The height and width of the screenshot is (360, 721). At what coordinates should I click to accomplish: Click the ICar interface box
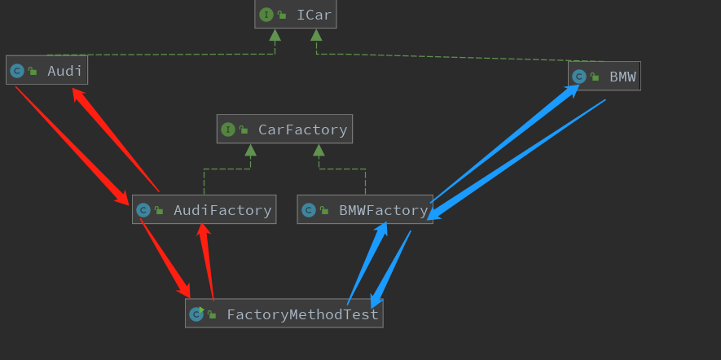click(296, 15)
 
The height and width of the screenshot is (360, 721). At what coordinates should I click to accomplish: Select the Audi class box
click(46, 71)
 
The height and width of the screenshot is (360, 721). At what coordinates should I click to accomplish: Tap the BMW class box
click(604, 77)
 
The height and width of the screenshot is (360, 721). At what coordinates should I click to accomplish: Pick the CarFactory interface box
click(284, 129)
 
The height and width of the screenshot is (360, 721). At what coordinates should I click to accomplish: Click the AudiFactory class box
click(204, 209)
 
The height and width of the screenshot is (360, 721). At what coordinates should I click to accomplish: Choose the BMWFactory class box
click(364, 210)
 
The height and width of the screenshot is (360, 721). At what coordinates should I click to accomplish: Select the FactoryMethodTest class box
click(284, 314)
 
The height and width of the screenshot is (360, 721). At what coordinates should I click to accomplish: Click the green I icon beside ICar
click(266, 15)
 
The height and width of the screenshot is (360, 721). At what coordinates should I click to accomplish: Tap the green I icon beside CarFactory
click(227, 129)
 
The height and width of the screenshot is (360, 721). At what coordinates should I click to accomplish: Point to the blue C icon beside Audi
click(16, 71)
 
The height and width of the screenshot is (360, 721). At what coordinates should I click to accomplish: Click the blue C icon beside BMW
click(578, 77)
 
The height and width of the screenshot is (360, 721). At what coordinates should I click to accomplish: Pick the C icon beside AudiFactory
click(143, 210)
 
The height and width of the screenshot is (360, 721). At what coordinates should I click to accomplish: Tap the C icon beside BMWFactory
click(308, 210)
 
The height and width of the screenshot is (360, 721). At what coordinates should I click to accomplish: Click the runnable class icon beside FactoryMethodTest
click(196, 314)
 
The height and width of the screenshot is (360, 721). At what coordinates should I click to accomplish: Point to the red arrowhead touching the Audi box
click(78, 94)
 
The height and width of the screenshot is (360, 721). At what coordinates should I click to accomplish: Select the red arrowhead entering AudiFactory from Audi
click(121, 198)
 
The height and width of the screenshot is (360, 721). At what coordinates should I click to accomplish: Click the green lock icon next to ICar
click(282, 15)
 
